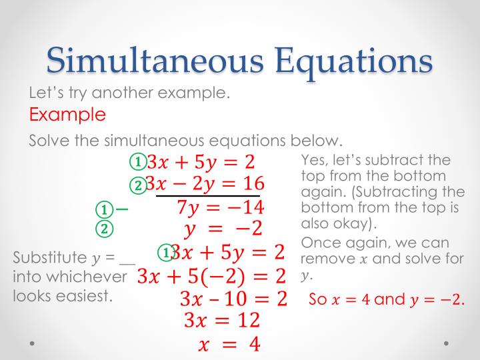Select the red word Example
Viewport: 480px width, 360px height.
click(x=67, y=115)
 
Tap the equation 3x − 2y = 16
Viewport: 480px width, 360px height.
click(x=205, y=183)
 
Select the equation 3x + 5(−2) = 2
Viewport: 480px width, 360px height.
click(x=211, y=275)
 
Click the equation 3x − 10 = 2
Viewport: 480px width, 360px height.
click(x=233, y=299)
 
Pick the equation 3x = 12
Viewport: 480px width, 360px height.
click(x=221, y=321)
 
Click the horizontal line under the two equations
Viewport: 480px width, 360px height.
click(x=208, y=196)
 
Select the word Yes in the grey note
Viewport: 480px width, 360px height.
click(x=315, y=161)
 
